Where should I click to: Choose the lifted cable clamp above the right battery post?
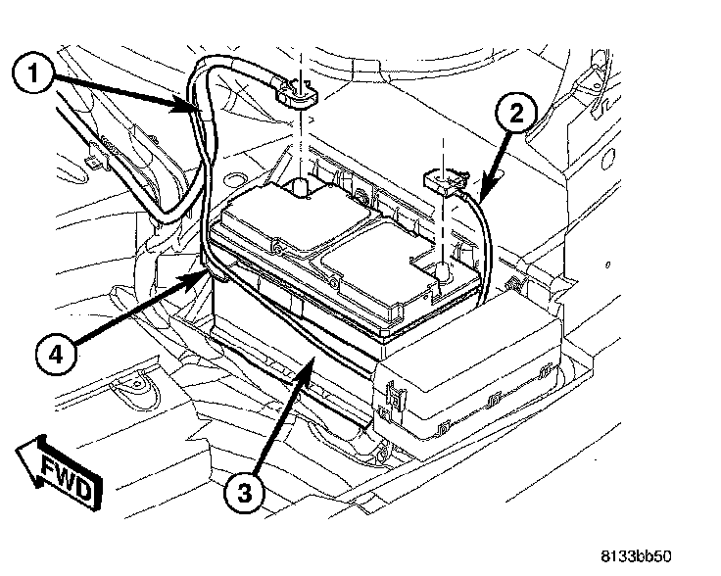(443, 178)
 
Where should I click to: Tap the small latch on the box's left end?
(395, 397)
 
